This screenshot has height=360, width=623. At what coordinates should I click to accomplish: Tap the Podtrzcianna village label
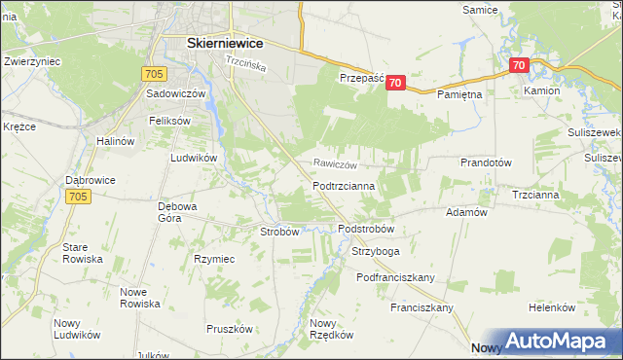point(351,184)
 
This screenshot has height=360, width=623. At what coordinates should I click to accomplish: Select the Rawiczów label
point(336,164)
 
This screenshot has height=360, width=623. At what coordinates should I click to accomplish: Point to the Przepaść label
point(362,77)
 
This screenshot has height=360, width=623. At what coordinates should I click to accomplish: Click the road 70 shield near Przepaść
point(394,84)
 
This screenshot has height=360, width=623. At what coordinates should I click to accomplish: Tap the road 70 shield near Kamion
point(519,66)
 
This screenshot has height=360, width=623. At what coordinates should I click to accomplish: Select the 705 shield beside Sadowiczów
point(153,72)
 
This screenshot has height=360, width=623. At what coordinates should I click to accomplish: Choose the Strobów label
point(279,232)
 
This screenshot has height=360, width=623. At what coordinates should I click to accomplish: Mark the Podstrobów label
point(366,229)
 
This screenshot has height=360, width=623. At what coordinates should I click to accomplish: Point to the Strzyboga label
point(375,251)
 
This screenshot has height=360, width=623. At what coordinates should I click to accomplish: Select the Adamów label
point(465,211)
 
